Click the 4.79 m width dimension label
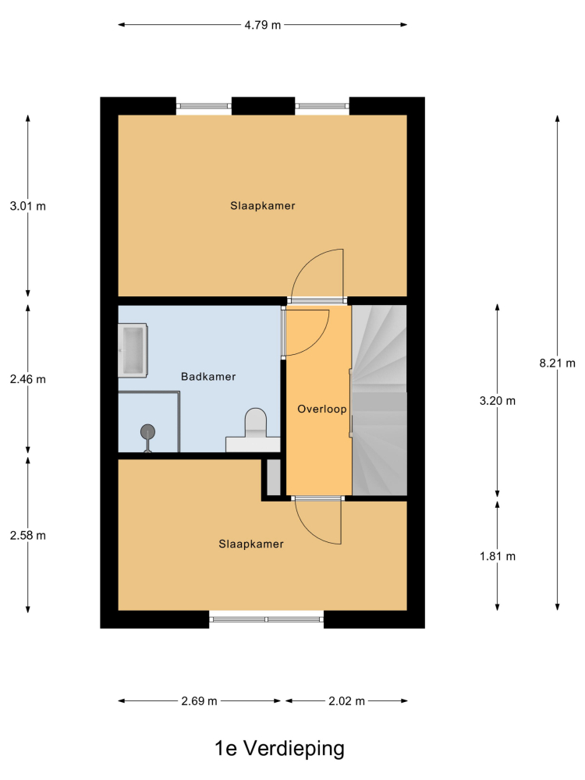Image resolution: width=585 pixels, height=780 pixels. [x=263, y=25]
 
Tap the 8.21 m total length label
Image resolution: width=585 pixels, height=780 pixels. [x=557, y=363]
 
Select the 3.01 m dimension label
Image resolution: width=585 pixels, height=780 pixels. [x=28, y=206]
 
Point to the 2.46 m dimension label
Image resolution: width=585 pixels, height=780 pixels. [x=28, y=379]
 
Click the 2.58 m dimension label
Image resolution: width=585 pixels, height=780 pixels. [x=28, y=535]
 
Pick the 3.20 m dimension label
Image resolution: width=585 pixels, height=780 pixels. [x=498, y=400]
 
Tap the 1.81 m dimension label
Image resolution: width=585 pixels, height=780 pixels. [x=498, y=556]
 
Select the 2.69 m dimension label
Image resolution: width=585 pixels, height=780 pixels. [x=199, y=701]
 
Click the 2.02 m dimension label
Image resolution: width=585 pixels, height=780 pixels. [x=347, y=701]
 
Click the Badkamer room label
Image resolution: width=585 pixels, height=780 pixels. [x=208, y=377]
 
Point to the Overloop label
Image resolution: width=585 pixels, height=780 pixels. [x=322, y=409]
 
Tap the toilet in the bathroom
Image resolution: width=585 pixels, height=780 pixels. [x=256, y=420]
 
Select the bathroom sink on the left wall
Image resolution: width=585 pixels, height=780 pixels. [x=133, y=350]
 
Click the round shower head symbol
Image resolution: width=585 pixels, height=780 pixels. [x=147, y=431]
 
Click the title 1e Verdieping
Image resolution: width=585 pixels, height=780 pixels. [x=279, y=748]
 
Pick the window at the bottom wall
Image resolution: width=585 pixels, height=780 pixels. [x=266, y=619]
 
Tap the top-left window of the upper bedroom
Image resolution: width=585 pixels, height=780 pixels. [x=204, y=106]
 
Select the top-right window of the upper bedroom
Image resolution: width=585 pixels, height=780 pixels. [x=322, y=106]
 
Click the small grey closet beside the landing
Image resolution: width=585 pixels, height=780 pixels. [x=274, y=477]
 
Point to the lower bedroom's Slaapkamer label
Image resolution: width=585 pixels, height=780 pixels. [x=251, y=544]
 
